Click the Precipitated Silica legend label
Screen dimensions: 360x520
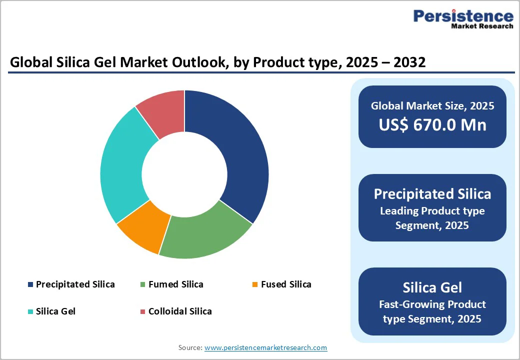click(75, 284)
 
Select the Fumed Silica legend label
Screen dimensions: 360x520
click(175, 284)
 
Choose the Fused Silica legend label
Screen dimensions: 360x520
click(286, 284)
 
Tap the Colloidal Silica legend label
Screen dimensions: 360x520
click(180, 311)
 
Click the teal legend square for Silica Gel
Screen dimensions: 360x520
click(30, 311)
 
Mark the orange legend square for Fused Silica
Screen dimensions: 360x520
click(255, 284)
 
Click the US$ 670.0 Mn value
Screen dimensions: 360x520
click(432, 124)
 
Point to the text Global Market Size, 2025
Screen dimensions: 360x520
click(432, 105)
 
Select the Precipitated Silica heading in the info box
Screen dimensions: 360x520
click(432, 194)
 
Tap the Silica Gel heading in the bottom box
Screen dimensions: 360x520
click(432, 287)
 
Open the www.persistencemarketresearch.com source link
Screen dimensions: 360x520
click(265, 347)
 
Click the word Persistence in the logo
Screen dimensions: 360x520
click(463, 16)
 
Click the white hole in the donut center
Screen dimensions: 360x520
click(184, 174)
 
